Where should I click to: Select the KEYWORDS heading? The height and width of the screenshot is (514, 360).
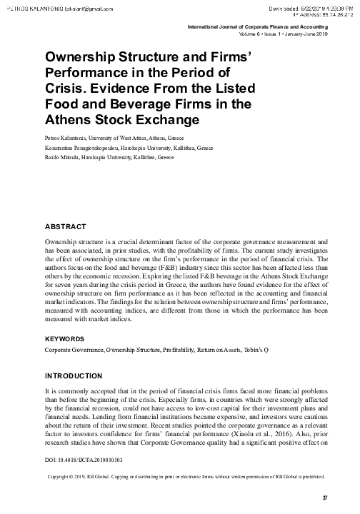coord(68,338)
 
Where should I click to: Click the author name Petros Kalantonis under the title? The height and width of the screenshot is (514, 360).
coord(65,136)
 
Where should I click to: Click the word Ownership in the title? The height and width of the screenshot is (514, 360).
coord(81,58)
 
